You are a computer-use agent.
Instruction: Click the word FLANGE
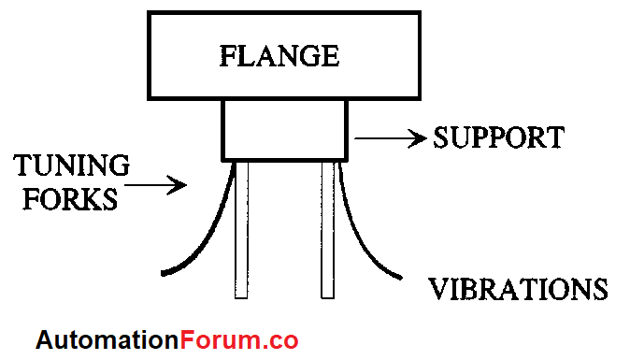[279, 56]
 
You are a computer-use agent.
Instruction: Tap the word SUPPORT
[498, 138]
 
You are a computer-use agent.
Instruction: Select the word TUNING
[71, 167]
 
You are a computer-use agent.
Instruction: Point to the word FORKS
[65, 199]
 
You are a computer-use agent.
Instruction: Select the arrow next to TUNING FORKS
[156, 185]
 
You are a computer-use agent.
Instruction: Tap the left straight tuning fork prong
[241, 229]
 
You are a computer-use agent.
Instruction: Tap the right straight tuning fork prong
[328, 229]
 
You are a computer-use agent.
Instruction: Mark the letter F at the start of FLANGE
[228, 56]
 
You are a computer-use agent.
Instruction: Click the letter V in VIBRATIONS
[437, 288]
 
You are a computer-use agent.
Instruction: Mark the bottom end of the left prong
[241, 295]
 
